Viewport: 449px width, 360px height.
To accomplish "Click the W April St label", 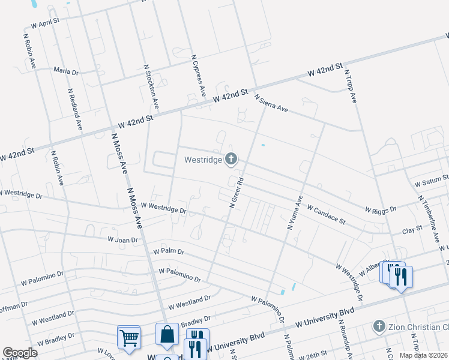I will click(45, 23).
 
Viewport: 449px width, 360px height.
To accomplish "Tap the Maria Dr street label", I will click(66, 71).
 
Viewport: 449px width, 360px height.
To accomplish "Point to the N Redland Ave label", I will click(75, 110).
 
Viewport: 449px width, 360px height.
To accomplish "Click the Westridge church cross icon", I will click(231, 159).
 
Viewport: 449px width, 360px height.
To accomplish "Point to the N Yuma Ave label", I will click(294, 212).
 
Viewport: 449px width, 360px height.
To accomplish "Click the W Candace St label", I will click(327, 213).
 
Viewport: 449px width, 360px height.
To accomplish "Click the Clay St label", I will click(412, 230).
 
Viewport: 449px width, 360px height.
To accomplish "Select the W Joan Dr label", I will click(122, 239).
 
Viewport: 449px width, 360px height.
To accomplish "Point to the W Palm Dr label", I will click(169, 251).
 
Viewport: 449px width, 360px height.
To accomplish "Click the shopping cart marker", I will click(129, 337).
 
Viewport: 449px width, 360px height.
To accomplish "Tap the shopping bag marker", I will click(167, 334).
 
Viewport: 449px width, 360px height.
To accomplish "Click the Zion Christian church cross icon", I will click(378, 326).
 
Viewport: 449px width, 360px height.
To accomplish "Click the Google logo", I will click(20, 353).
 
